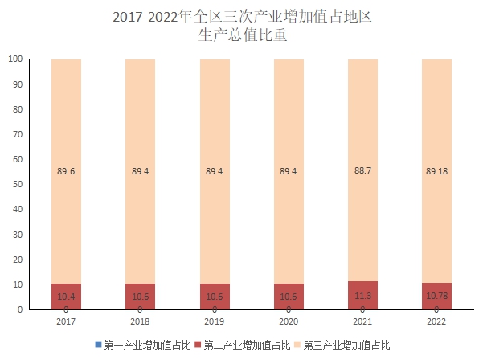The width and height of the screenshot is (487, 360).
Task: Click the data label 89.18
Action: (436, 170)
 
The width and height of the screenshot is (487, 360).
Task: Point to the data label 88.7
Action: (362, 170)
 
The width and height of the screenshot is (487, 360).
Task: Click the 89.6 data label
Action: (66, 170)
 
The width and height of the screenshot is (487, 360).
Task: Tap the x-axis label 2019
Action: (214, 321)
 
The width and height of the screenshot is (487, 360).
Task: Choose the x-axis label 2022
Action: (436, 321)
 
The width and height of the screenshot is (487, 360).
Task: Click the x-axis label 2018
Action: (140, 321)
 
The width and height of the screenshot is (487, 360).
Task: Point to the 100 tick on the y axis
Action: (14, 59)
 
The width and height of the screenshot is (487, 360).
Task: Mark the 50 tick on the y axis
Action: (17, 185)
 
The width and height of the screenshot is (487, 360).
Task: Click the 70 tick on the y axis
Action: (17, 135)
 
